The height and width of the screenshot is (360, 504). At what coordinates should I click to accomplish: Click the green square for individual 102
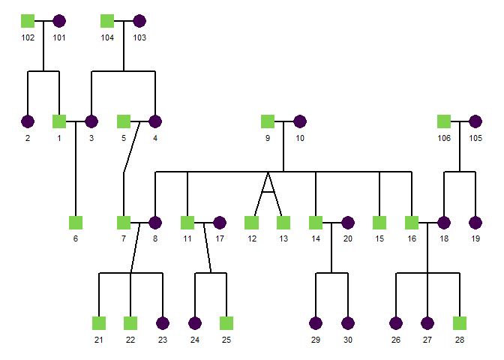tap(28, 21)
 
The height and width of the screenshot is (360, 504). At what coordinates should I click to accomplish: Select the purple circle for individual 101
tap(59, 21)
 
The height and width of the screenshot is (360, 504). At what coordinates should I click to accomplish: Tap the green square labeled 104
tap(107, 21)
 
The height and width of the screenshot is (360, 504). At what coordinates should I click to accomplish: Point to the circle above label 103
tap(139, 21)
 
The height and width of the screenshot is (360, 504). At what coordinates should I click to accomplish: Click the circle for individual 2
tap(28, 121)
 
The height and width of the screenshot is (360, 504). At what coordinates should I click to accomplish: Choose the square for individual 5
tap(124, 121)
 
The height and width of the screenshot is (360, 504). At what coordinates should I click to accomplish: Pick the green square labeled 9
tap(267, 121)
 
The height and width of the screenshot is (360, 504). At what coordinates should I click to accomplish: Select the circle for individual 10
tap(300, 121)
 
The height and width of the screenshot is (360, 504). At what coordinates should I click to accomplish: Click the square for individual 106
tap(443, 121)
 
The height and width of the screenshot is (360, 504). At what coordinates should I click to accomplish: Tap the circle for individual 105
tap(475, 121)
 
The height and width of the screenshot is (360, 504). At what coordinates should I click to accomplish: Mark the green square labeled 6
tap(75, 223)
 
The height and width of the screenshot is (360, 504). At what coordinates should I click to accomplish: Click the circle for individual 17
tap(220, 223)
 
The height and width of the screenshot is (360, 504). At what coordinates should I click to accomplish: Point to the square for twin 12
tap(251, 223)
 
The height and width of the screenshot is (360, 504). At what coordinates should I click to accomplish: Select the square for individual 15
tap(379, 223)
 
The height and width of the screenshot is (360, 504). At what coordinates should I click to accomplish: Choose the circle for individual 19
tap(475, 223)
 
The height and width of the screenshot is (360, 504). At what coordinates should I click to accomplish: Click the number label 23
tap(163, 340)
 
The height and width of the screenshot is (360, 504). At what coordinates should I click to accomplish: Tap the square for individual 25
tap(226, 323)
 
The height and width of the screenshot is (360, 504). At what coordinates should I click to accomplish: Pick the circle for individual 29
tap(316, 323)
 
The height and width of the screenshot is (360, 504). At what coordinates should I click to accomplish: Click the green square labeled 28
tap(460, 323)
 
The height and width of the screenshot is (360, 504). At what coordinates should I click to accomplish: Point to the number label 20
tap(348, 239)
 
